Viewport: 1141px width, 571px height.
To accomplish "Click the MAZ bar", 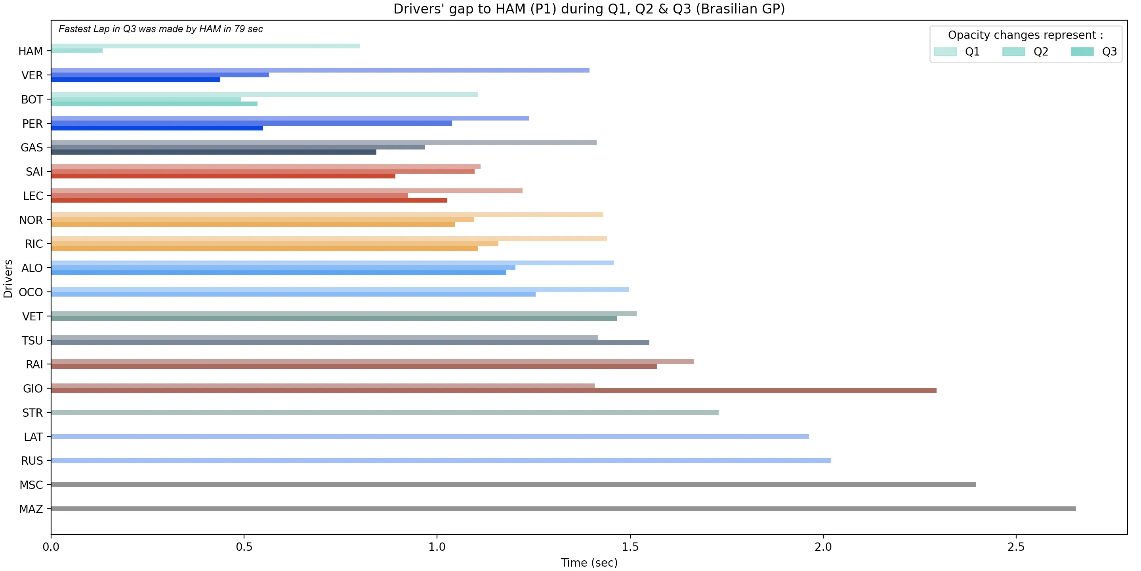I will click(563, 508).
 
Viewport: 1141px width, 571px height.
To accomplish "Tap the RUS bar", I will click(441, 461).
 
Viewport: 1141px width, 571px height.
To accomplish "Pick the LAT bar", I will click(429, 437).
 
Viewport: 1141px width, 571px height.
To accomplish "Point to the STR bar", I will click(384, 412).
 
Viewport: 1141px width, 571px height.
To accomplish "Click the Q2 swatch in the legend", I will click(1013, 52).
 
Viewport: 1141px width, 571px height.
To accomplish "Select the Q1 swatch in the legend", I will click(945, 52).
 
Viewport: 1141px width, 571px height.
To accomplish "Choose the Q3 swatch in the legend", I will click(1082, 52).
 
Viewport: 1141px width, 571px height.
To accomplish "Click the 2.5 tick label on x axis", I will click(1016, 547).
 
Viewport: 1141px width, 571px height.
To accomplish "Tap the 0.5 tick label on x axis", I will click(244, 547).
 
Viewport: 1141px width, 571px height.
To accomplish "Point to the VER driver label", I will click(32, 75).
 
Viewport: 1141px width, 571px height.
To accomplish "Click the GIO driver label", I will click(33, 389).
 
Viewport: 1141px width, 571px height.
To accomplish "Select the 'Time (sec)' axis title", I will click(589, 563).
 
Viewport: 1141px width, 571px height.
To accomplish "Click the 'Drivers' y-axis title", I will click(8, 278).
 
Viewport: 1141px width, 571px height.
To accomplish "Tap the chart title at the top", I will click(589, 9).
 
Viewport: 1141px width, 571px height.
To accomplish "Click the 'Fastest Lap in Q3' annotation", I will click(160, 29).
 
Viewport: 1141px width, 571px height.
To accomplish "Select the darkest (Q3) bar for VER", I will click(135, 80).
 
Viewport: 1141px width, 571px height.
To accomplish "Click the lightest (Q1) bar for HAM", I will click(205, 46).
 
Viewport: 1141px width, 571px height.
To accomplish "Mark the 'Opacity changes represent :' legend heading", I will click(1025, 35).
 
